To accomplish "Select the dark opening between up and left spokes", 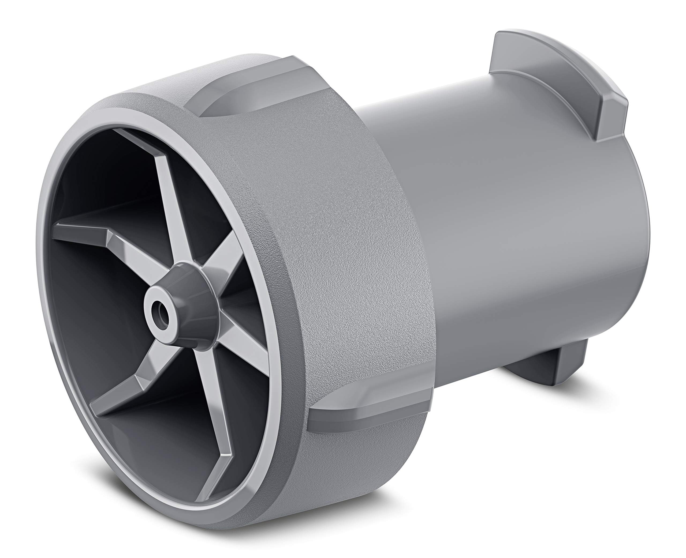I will coord(106,180).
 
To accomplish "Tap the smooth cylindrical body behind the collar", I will coord(514,225).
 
